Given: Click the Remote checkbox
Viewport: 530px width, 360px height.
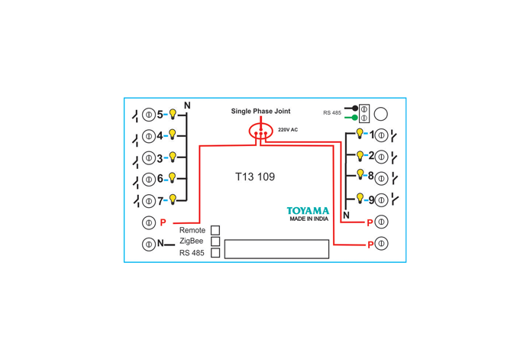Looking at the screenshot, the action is click(215, 230).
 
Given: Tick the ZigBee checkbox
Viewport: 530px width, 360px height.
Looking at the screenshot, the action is click(215, 242).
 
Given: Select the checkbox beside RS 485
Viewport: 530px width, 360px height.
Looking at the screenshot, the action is click(215, 253).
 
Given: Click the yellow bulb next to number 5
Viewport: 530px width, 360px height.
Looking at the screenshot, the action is click(173, 114).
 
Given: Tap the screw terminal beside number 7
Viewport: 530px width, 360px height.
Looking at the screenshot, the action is click(149, 201).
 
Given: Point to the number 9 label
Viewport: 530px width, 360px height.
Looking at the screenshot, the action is click(371, 200).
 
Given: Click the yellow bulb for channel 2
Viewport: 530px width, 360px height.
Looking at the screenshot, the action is click(360, 156).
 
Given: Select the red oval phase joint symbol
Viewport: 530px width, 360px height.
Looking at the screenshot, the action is click(260, 131).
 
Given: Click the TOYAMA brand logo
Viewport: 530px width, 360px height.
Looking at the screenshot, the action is click(308, 211).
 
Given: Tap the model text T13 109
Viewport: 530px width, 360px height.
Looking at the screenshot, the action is click(255, 177).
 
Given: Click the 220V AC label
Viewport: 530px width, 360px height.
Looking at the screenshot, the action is click(288, 130).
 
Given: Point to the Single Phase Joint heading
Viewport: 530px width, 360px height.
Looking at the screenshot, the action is click(260, 111).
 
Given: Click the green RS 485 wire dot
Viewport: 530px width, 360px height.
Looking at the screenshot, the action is click(354, 118).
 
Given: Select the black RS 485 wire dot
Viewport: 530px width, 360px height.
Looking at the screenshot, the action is click(355, 109).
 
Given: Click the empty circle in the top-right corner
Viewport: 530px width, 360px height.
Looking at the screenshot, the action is click(381, 114).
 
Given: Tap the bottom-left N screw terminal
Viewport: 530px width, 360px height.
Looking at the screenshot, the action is click(149, 245).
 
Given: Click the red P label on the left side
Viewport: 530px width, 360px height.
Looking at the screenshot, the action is click(163, 222).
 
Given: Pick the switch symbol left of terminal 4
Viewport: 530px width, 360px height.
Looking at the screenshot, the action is click(136, 138).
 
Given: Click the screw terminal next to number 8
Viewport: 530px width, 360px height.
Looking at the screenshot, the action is click(381, 178).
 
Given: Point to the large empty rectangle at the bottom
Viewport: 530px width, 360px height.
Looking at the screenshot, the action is click(276, 249).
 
